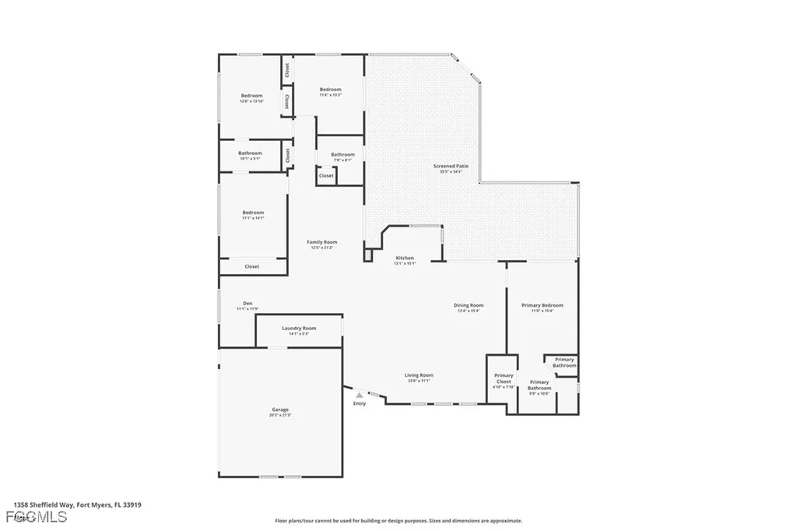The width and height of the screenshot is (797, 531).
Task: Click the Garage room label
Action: (280, 410)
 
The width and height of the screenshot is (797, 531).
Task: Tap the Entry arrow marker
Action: (359, 396)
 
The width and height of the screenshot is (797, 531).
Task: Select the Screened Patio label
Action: (451, 166)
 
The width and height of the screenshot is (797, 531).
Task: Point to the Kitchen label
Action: (405, 258)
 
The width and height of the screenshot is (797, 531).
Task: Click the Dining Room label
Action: (469, 305)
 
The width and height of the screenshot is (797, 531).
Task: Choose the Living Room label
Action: (419, 375)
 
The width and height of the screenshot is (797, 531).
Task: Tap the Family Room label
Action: (321, 242)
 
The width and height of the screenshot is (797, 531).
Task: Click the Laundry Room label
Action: (299, 329)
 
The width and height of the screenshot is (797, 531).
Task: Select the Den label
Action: (248, 303)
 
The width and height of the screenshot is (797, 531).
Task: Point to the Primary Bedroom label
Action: (542, 305)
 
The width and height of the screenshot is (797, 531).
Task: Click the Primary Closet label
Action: (504, 378)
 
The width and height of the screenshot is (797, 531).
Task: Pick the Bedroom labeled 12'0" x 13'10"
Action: (251, 96)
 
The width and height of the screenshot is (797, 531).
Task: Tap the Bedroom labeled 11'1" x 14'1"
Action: (253, 213)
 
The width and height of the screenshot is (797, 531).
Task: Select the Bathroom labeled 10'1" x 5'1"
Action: (250, 153)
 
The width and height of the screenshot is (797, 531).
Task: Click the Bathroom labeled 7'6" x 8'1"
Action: (342, 154)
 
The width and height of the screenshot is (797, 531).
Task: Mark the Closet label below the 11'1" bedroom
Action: (252, 266)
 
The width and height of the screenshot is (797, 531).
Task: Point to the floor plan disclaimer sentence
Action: (398, 521)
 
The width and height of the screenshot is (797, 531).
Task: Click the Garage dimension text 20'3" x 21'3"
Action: (280, 415)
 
